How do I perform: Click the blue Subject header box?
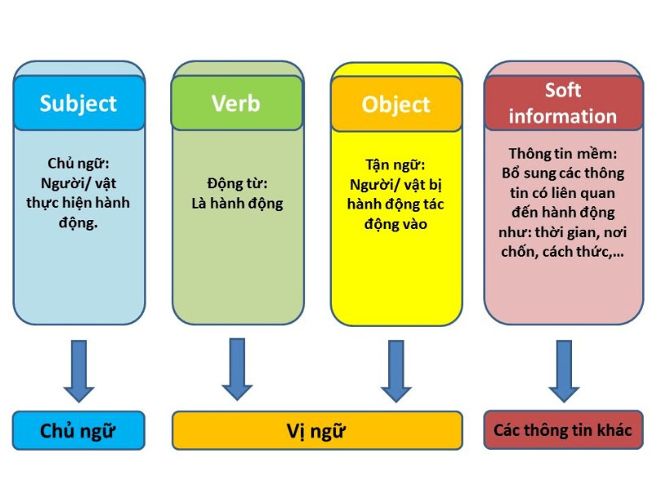[78, 104]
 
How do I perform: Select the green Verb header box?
[236, 104]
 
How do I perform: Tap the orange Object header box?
[395, 104]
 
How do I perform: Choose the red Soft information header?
[563, 103]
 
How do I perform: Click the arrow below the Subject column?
[79, 370]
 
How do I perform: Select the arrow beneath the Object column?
[396, 370]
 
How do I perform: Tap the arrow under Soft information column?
[563, 370]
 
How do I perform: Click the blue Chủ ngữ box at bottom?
[78, 430]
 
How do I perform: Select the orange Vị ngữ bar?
[317, 430]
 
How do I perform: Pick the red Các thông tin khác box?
[563, 430]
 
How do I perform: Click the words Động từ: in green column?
[237, 184]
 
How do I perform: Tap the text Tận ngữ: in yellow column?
[395, 165]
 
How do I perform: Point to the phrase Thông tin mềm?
[563, 153]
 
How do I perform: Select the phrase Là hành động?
[237, 204]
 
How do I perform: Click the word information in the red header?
[563, 116]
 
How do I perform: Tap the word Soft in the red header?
[563, 90]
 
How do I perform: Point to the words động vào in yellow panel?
[395, 222]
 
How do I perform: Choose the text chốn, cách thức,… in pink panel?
[563, 252]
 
